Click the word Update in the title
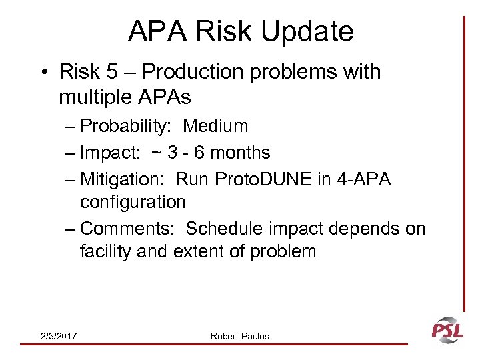click(308, 31)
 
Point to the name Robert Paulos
click(240, 336)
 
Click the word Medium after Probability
click(215, 126)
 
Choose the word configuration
click(133, 201)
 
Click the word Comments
click(127, 229)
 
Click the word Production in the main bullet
click(183, 71)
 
